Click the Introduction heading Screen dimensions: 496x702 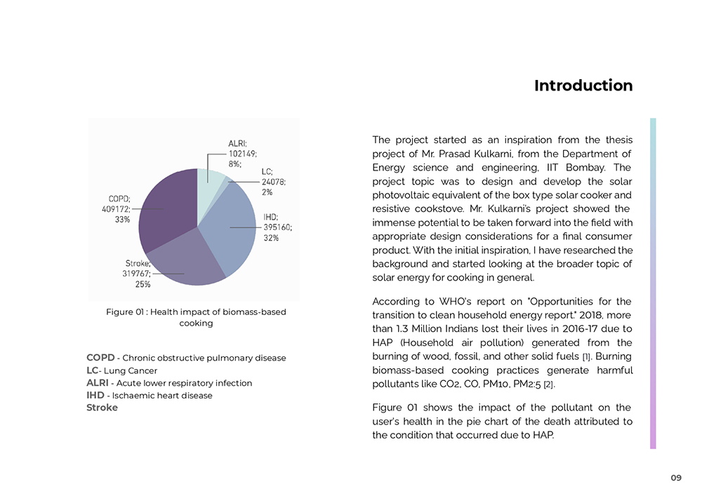click(583, 86)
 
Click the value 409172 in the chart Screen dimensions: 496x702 click(116, 208)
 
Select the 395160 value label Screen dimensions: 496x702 click(278, 227)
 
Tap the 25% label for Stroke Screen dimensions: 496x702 click(143, 284)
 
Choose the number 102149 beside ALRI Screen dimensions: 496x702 click(242, 154)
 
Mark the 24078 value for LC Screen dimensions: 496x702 click(274, 182)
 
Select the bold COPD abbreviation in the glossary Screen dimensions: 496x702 click(100, 358)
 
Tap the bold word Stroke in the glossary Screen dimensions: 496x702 click(102, 408)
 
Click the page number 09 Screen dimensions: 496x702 click(675, 478)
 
